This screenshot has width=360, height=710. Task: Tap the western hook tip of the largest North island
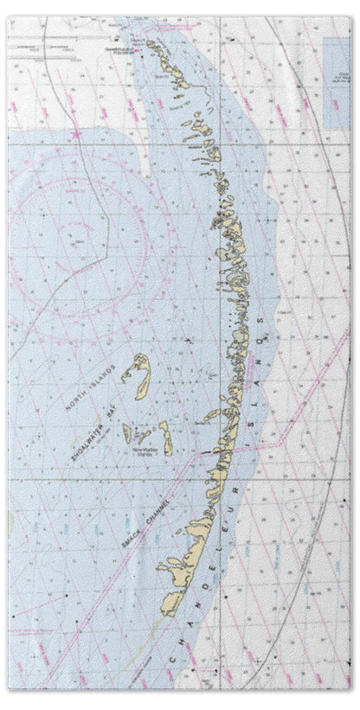coord(125,377)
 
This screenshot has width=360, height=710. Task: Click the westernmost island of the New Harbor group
coord(127,432)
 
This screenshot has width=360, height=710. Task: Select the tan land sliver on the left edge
coord(10,523)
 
